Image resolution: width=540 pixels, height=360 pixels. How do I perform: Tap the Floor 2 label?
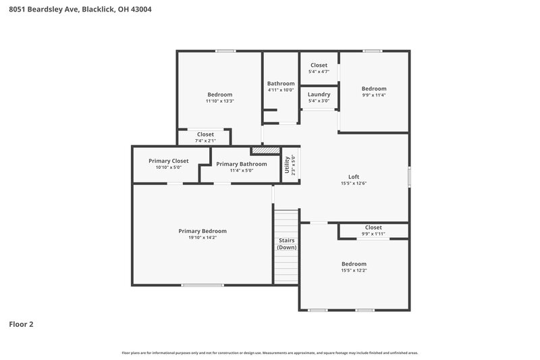point(21,324)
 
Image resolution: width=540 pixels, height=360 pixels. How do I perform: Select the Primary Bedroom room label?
point(202,231)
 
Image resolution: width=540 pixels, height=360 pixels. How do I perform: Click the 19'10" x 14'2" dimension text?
point(202,238)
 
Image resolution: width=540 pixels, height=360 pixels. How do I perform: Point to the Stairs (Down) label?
point(286,244)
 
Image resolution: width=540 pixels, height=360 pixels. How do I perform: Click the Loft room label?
point(353,176)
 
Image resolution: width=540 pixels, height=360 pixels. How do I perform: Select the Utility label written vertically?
point(287,165)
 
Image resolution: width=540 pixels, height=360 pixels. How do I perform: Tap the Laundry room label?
point(319,95)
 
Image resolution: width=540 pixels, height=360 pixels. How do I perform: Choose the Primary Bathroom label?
point(241,163)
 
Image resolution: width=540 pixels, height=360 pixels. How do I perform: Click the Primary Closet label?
point(168,161)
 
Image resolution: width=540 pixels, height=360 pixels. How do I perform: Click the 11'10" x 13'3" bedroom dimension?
point(219,101)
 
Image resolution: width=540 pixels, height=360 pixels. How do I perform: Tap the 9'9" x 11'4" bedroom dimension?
point(373,95)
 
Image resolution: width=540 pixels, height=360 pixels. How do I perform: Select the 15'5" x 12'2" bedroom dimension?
point(353,270)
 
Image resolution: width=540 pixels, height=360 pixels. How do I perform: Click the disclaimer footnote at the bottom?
point(270,353)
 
